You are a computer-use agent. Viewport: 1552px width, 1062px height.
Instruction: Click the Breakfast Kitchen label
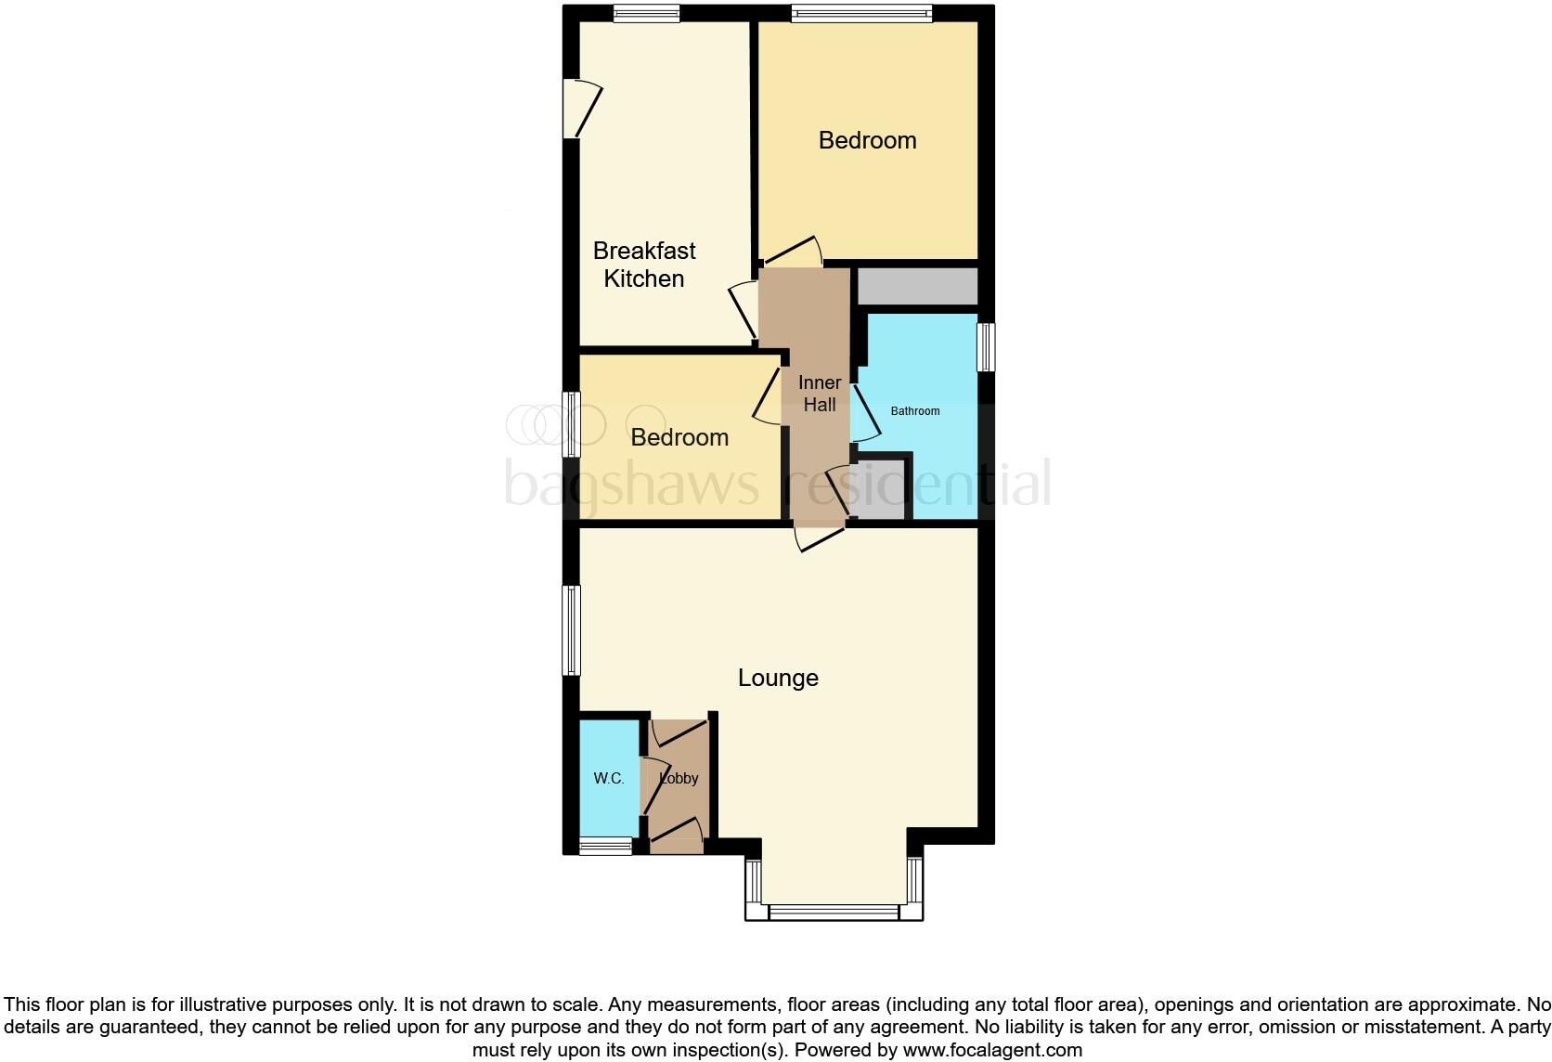(x=643, y=265)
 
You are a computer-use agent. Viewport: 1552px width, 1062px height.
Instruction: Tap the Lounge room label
(x=778, y=678)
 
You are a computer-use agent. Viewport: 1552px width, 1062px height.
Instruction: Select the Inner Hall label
(x=820, y=394)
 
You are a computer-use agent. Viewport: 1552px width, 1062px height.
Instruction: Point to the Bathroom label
(x=915, y=411)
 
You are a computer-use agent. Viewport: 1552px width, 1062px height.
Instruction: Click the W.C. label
(x=609, y=779)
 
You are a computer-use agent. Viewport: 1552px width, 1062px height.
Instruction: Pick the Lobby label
(x=679, y=779)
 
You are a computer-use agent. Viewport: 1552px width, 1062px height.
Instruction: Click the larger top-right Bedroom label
(x=867, y=140)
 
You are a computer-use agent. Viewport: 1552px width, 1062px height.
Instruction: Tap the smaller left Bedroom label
(x=679, y=437)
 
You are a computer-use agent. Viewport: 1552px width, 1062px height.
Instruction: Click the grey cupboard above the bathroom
(x=917, y=286)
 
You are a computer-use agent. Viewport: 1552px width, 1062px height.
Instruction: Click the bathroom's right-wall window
(x=986, y=346)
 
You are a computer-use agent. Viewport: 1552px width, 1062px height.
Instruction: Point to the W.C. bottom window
(x=605, y=846)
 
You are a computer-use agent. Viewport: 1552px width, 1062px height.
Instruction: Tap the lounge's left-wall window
(x=573, y=629)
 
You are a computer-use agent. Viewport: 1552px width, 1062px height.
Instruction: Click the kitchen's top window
(x=646, y=13)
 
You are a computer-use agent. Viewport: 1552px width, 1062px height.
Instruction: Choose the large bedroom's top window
(x=861, y=13)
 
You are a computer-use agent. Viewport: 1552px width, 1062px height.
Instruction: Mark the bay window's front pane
(x=834, y=913)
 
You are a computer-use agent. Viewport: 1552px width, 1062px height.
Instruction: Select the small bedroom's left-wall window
(x=573, y=424)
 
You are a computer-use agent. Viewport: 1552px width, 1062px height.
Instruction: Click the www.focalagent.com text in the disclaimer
(x=991, y=1050)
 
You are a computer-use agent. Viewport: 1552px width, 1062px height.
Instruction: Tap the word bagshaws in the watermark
(x=631, y=484)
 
